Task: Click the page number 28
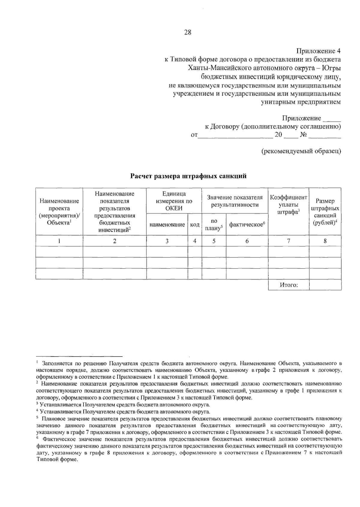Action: tap(188, 32)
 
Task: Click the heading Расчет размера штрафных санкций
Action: tap(188, 176)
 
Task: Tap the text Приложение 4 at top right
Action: tap(319, 51)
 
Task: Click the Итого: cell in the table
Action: tap(288, 285)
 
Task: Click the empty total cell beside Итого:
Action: tap(325, 285)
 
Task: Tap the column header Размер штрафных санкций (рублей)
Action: tap(325, 211)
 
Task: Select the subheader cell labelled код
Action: tap(195, 224)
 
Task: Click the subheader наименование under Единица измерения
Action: tap(167, 224)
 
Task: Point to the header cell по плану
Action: tap(214, 224)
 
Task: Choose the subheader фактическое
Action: tap(247, 224)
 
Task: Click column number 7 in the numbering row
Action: tap(288, 241)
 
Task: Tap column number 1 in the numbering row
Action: tap(59, 241)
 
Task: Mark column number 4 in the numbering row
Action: tap(195, 241)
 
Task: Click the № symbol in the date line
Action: tap(303, 135)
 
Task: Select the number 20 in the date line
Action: tap(278, 135)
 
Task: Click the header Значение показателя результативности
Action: tap(235, 201)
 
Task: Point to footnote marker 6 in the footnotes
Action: tap(37, 437)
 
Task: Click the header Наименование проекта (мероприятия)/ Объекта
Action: tap(59, 211)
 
